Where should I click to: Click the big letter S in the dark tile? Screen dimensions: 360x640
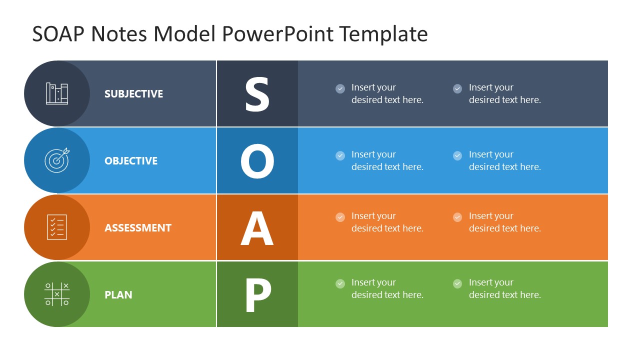tap(257, 94)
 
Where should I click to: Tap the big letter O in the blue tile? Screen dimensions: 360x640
tap(257, 161)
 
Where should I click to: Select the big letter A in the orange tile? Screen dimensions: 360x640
tap(257, 228)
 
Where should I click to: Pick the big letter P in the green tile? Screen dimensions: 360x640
tap(257, 295)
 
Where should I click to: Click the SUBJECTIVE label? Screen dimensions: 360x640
tap(133, 94)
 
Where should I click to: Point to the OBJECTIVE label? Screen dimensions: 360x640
tap(131, 161)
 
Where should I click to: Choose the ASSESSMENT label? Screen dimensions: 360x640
tap(138, 228)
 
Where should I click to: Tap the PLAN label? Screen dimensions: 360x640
tap(118, 295)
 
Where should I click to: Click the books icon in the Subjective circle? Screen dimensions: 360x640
tap(57, 93)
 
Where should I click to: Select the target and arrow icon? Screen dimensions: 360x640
tap(57, 160)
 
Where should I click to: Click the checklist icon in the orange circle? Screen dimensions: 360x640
tap(57, 227)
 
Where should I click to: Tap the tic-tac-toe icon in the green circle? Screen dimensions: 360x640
tap(57, 294)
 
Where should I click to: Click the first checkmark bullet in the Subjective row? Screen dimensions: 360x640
tap(340, 89)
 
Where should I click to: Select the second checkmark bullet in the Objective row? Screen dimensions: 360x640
tap(457, 155)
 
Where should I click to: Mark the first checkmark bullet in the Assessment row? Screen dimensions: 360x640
tap(340, 217)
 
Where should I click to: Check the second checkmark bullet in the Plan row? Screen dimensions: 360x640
tap(457, 284)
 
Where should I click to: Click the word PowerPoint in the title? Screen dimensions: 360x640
tap(277, 34)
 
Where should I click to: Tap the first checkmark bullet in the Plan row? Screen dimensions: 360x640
tap(340, 284)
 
